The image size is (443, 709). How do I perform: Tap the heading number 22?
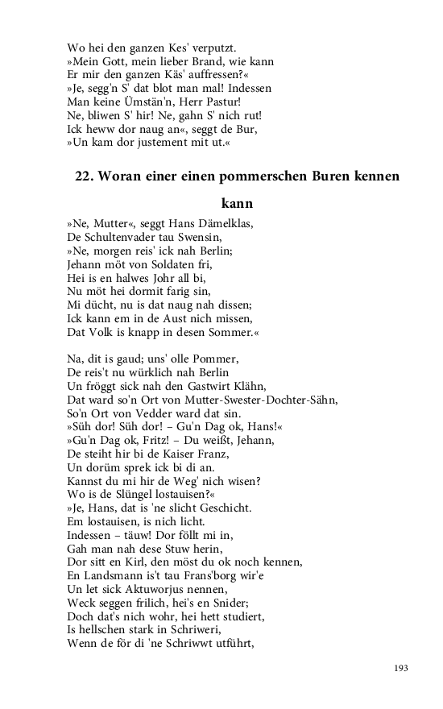(x=85, y=176)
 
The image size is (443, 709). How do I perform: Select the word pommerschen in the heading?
(x=262, y=176)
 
